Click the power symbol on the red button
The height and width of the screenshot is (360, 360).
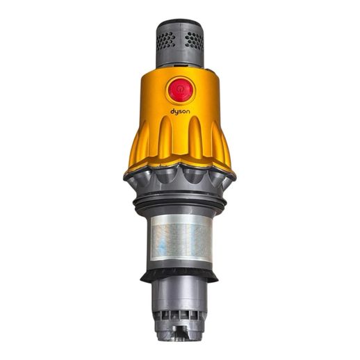[180, 90]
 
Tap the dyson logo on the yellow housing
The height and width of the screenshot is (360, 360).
[180, 112]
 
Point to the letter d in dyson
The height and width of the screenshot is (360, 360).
[172, 111]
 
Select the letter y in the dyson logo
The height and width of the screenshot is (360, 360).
[177, 113]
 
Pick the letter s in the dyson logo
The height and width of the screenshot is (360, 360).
[181, 112]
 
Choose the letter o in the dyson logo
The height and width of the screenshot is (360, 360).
[184, 112]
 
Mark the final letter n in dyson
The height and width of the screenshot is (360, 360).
[188, 112]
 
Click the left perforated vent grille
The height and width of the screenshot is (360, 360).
[166, 41]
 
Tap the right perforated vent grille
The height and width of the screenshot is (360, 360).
[195, 41]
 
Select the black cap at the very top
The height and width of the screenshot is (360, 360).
[180, 24]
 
